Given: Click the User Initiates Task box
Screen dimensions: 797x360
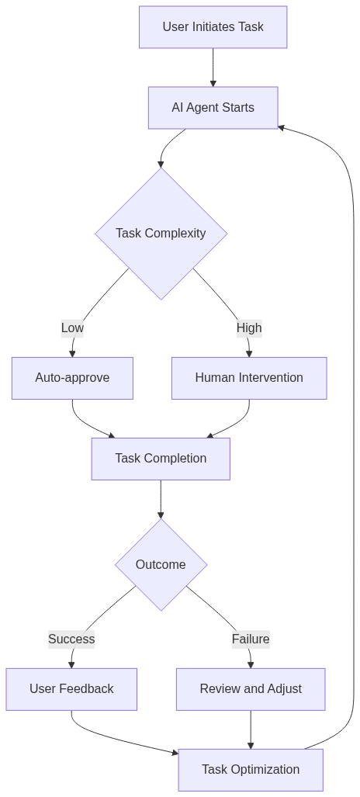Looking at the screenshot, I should pyautogui.click(x=213, y=27).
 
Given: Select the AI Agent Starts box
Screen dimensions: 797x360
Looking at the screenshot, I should pyautogui.click(x=213, y=108).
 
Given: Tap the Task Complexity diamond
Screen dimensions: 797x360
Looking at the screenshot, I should pyautogui.click(x=161, y=234).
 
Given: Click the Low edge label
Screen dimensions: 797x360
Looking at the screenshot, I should pyautogui.click(x=72, y=328).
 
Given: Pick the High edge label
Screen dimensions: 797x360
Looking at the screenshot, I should pyautogui.click(x=249, y=328).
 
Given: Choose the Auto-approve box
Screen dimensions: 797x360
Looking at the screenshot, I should pyautogui.click(x=72, y=378).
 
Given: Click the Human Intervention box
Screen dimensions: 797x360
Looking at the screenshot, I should pyautogui.click(x=249, y=378).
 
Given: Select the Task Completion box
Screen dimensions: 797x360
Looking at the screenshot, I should pyautogui.click(x=161, y=459).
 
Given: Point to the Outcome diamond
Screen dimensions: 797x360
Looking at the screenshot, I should pyautogui.click(x=161, y=565).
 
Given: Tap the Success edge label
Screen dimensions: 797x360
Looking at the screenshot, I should pyautogui.click(x=71, y=639).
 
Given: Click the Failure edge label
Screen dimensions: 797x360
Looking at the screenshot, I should pyautogui.click(x=251, y=639).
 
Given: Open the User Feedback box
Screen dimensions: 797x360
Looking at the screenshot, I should pyautogui.click(x=71, y=689).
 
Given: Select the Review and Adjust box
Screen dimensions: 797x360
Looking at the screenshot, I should pyautogui.click(x=251, y=689).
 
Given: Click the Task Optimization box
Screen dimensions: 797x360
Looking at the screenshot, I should pyautogui.click(x=251, y=770).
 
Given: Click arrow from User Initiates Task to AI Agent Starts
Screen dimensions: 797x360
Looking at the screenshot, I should pyautogui.click(x=213, y=68).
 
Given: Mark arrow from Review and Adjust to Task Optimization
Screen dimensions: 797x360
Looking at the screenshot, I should pyautogui.click(x=251, y=729).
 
